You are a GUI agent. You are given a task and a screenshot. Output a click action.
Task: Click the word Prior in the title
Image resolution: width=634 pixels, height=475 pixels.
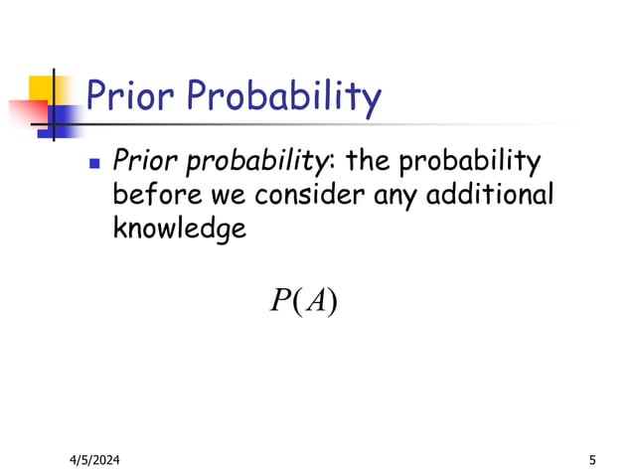click(130, 96)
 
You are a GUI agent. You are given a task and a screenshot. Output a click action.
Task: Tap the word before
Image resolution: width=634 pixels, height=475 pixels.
click(150, 195)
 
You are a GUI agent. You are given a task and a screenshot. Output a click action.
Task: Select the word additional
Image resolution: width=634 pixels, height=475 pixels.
click(490, 195)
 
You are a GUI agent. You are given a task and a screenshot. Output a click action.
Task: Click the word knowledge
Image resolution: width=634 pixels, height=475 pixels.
click(180, 230)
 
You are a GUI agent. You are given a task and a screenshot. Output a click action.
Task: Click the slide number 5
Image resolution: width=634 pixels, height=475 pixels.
click(592, 459)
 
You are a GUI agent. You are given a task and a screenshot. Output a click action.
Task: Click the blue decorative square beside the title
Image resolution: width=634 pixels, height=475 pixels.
click(65, 119)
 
